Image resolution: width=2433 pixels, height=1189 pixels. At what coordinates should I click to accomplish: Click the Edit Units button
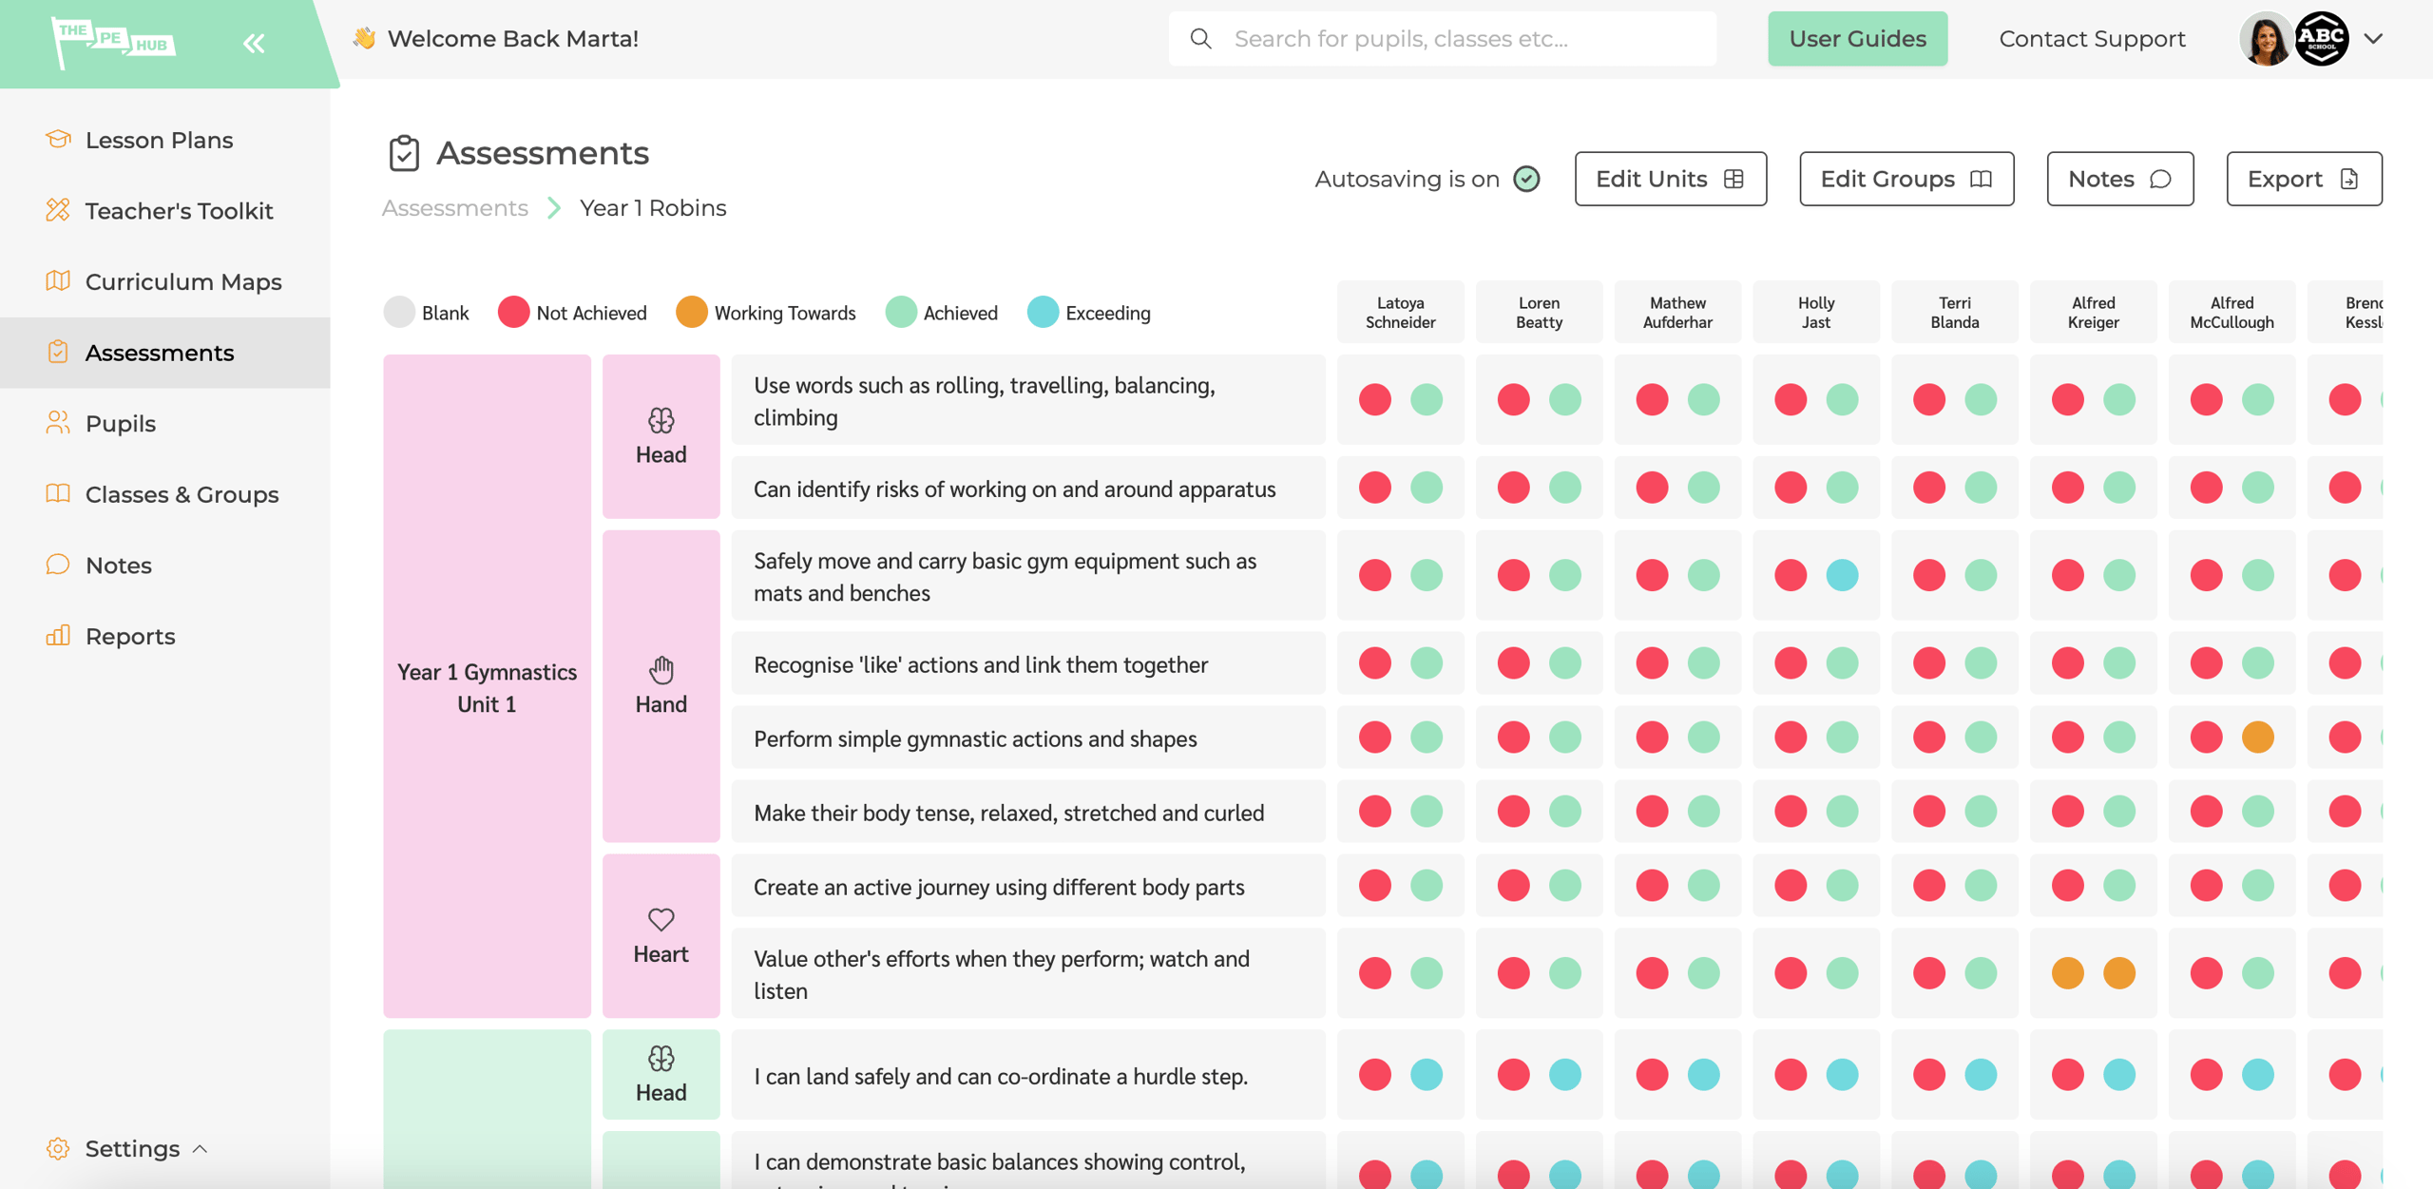pyautogui.click(x=1670, y=179)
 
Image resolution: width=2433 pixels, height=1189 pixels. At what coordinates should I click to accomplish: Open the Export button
pyautogui.click(x=2303, y=179)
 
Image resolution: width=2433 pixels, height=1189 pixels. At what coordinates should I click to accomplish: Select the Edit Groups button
pyautogui.click(x=1906, y=179)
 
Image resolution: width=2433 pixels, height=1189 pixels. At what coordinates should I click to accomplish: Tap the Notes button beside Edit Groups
pyautogui.click(x=2119, y=179)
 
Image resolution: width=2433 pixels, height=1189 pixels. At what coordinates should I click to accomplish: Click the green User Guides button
pyautogui.click(x=1857, y=39)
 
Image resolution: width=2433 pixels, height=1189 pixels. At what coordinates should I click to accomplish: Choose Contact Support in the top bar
pyautogui.click(x=2092, y=39)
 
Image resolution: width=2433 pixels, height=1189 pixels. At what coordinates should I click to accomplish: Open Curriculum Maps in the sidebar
pyautogui.click(x=182, y=282)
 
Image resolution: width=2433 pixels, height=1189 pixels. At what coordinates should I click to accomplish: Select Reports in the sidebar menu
pyautogui.click(x=130, y=637)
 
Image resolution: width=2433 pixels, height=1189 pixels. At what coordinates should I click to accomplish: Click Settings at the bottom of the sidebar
pyautogui.click(x=132, y=1149)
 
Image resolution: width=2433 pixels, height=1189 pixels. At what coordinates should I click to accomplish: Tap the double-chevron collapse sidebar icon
pyautogui.click(x=253, y=43)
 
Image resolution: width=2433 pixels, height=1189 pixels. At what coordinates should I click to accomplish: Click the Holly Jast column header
pyautogui.click(x=1815, y=313)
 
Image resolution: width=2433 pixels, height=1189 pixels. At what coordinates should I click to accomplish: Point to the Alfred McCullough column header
pyautogui.click(x=2232, y=313)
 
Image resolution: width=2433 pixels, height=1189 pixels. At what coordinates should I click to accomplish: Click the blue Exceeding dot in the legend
pyautogui.click(x=1043, y=313)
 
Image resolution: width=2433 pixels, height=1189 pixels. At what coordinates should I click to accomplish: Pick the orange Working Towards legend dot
pyautogui.click(x=691, y=313)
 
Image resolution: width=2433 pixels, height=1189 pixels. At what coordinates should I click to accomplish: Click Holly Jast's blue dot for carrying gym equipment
pyautogui.click(x=1842, y=575)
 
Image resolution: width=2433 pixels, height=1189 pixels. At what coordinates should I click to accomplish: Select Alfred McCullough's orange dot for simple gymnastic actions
pyautogui.click(x=2257, y=737)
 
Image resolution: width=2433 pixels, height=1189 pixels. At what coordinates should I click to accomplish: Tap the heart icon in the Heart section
pyautogui.click(x=661, y=919)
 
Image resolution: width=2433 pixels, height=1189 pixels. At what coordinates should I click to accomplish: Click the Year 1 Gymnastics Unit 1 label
pyautogui.click(x=487, y=688)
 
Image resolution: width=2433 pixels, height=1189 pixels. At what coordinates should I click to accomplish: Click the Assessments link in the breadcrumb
pyautogui.click(x=454, y=208)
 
